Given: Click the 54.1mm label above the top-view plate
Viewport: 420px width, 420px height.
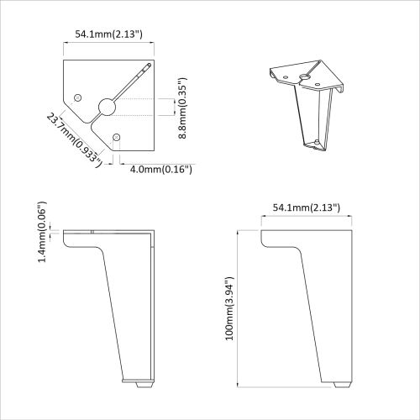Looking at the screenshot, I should pos(108,34).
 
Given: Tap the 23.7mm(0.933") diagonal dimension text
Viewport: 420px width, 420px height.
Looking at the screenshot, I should pos(74,139).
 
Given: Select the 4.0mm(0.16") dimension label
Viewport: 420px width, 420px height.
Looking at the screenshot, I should pos(161,169).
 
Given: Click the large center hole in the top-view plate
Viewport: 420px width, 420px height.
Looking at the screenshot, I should pos(107,106).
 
